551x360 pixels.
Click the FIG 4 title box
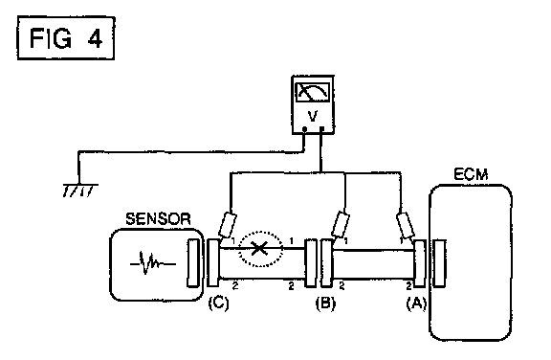point(66,37)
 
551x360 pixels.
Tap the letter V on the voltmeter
point(313,115)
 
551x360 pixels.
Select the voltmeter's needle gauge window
point(313,92)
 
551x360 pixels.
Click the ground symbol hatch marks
point(78,191)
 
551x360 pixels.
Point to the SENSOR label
point(158,219)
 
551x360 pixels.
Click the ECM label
point(471,174)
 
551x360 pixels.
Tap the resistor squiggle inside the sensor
point(153,262)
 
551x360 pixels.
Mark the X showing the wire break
point(259,248)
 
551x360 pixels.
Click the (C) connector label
point(218,304)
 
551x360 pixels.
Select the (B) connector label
point(325,304)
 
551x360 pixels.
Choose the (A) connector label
point(416,304)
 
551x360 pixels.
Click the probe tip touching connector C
point(221,238)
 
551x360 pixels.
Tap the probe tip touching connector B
point(335,238)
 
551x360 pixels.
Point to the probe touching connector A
point(405,225)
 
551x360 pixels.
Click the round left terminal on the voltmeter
point(304,129)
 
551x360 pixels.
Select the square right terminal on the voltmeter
point(321,128)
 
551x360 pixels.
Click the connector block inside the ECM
point(439,263)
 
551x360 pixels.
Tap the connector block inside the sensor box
point(192,262)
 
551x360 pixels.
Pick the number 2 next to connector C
point(235,285)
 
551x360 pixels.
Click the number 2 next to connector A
point(408,286)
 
